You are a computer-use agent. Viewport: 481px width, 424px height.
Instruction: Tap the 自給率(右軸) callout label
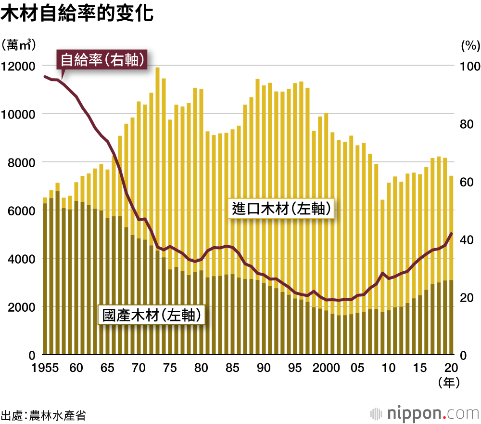coord(102,60)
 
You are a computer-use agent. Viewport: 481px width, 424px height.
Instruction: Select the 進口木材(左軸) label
coord(281,209)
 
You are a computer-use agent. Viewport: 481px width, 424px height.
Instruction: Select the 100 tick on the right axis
coord(470,66)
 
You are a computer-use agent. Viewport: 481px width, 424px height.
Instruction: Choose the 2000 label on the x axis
coord(327,369)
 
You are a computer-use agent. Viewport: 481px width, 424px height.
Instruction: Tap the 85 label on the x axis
coord(232,369)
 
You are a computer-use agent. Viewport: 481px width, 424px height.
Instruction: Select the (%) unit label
coord(470,46)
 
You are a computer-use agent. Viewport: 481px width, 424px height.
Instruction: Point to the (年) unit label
coord(449,383)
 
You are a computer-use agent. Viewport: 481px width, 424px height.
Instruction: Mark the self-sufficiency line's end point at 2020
coord(451,234)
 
